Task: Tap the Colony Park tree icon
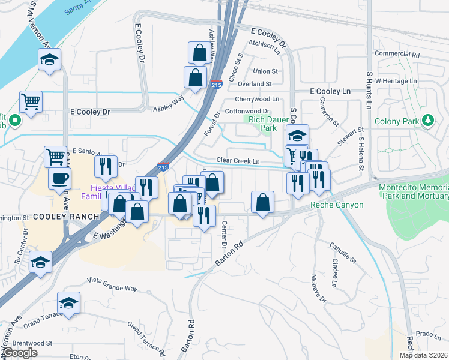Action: click(x=428, y=120)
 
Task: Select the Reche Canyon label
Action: click(x=337, y=205)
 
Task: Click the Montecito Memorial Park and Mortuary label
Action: click(x=414, y=191)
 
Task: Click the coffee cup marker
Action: click(x=59, y=178)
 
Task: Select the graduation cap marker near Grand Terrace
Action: click(x=69, y=302)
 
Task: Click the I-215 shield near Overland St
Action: click(x=217, y=85)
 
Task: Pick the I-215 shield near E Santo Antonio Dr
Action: click(x=163, y=166)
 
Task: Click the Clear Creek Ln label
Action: click(x=238, y=161)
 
